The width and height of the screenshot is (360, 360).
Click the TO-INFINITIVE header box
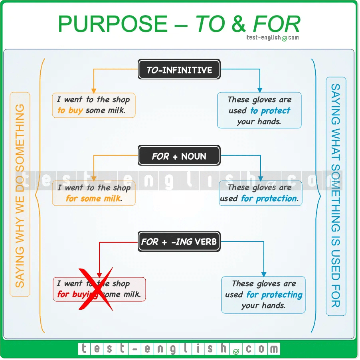(179, 71)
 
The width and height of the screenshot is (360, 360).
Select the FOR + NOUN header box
(179, 156)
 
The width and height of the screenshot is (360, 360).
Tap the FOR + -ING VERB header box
(179, 241)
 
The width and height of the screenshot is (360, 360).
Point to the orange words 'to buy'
(70, 111)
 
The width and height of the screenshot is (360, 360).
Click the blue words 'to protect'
(270, 111)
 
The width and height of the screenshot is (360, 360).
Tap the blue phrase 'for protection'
(269, 198)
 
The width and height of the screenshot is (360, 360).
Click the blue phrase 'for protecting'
(274, 295)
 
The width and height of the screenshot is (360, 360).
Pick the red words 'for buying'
(77, 295)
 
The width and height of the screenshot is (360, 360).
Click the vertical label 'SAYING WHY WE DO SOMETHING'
(20, 194)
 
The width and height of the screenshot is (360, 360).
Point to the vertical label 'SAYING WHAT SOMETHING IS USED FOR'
(336, 196)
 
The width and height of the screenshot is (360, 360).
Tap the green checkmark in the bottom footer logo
(236, 351)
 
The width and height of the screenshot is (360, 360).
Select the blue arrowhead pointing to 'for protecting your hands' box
(264, 273)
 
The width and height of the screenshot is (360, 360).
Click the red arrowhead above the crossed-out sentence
(99, 274)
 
